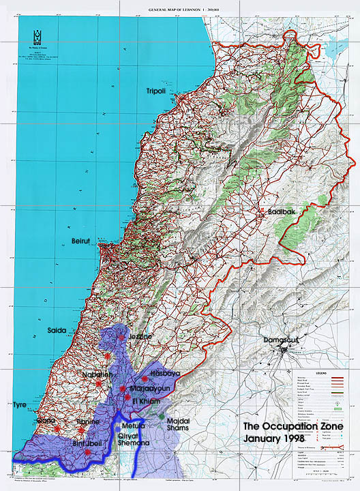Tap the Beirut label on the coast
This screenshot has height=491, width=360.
click(85, 241)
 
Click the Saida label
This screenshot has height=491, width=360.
click(57, 330)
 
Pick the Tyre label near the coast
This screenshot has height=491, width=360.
click(19, 405)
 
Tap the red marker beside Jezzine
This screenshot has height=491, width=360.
click(121, 337)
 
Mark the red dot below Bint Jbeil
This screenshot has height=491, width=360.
click(88, 452)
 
